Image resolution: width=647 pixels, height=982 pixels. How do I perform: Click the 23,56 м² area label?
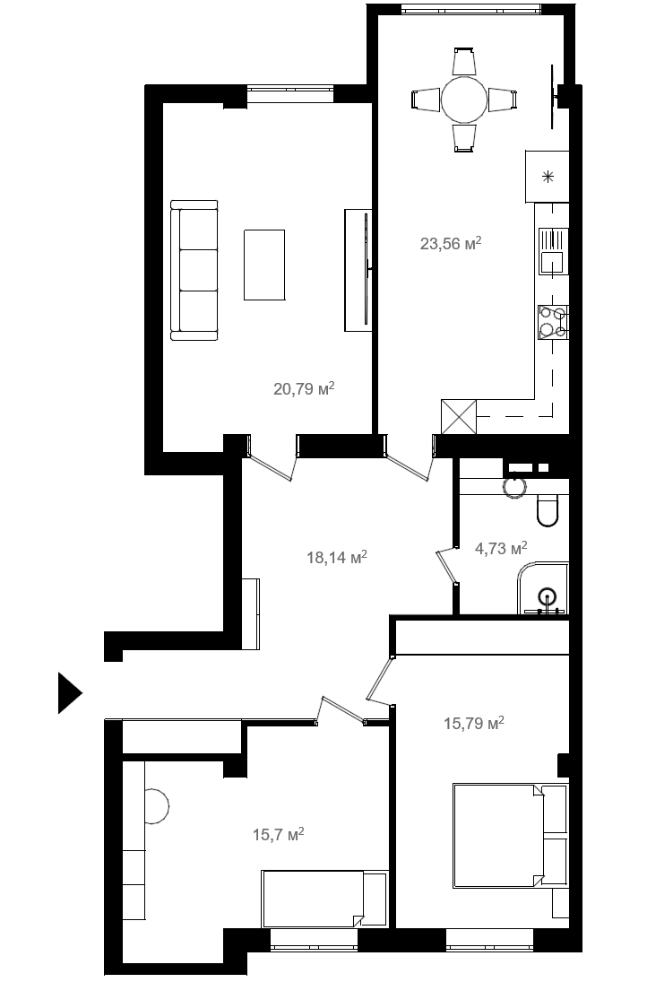coord(451,243)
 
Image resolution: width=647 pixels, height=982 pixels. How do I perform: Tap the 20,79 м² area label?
coord(304,389)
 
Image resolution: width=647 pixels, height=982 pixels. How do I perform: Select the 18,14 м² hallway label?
coord(337,557)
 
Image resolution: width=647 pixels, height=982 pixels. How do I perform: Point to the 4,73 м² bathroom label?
coord(501,549)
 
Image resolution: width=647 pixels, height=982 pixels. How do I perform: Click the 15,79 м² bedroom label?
coord(474,724)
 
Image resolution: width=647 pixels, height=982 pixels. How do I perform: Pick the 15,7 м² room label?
coord(279,834)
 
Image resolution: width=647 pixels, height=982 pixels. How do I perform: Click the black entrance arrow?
coord(70,692)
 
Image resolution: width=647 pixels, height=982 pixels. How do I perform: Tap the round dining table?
coord(464,100)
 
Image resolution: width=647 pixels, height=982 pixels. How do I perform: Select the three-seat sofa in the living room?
coord(194,271)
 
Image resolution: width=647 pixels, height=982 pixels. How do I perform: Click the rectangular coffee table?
coord(264,265)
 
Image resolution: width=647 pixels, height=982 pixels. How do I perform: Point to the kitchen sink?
coord(553,251)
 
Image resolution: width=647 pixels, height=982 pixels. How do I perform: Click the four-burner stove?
coord(553,323)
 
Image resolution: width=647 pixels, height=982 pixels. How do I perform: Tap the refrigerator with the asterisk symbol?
coord(548,177)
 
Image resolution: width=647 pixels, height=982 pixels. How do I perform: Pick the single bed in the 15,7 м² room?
coord(324,899)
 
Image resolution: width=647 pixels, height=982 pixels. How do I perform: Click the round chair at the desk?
coord(155,804)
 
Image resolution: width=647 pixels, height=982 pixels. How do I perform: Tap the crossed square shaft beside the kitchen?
coord(460,416)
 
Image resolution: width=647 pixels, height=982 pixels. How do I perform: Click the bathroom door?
coord(448,566)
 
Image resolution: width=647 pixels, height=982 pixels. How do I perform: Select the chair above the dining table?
coord(464,61)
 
